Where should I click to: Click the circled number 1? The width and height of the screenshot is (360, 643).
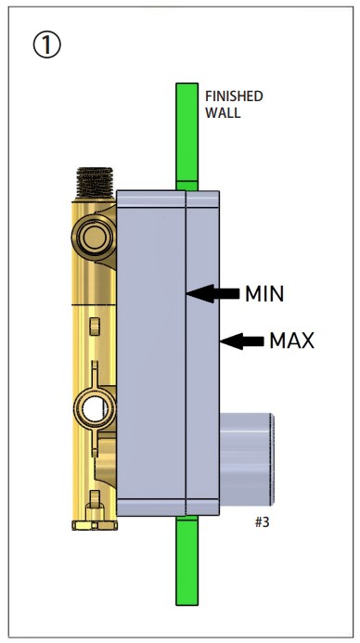46,45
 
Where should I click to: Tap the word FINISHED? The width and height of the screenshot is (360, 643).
234,96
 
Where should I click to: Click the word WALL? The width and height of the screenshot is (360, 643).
223,113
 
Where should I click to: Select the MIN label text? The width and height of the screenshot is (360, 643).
264,294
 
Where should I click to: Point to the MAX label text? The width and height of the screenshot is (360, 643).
291,341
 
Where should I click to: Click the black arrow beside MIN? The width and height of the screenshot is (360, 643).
212,293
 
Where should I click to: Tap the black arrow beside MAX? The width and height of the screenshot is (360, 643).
242,341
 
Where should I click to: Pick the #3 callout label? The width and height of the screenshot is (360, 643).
262,522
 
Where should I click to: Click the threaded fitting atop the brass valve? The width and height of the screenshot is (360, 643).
95,183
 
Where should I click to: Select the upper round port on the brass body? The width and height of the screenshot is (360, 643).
94,237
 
